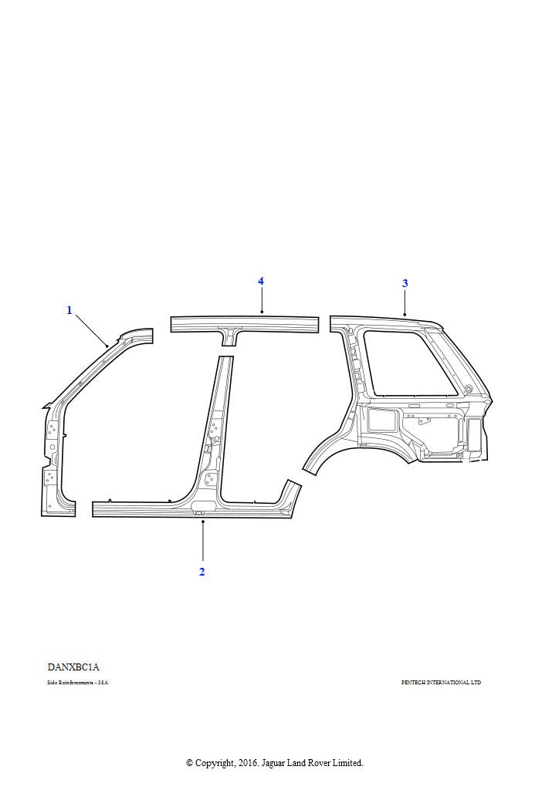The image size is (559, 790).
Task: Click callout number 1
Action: click(69, 311)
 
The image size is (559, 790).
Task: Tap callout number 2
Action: click(202, 572)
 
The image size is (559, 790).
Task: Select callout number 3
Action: click(405, 283)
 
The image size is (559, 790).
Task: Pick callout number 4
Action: click(261, 281)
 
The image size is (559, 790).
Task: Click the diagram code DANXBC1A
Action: click(73, 667)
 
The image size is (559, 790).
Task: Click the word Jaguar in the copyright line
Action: click(274, 763)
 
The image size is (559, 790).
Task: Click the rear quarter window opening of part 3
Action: click(402, 358)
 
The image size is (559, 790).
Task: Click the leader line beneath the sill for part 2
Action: click(202, 540)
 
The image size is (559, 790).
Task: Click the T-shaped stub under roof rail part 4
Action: click(230, 336)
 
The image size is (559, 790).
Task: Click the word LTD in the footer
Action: click(476, 683)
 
